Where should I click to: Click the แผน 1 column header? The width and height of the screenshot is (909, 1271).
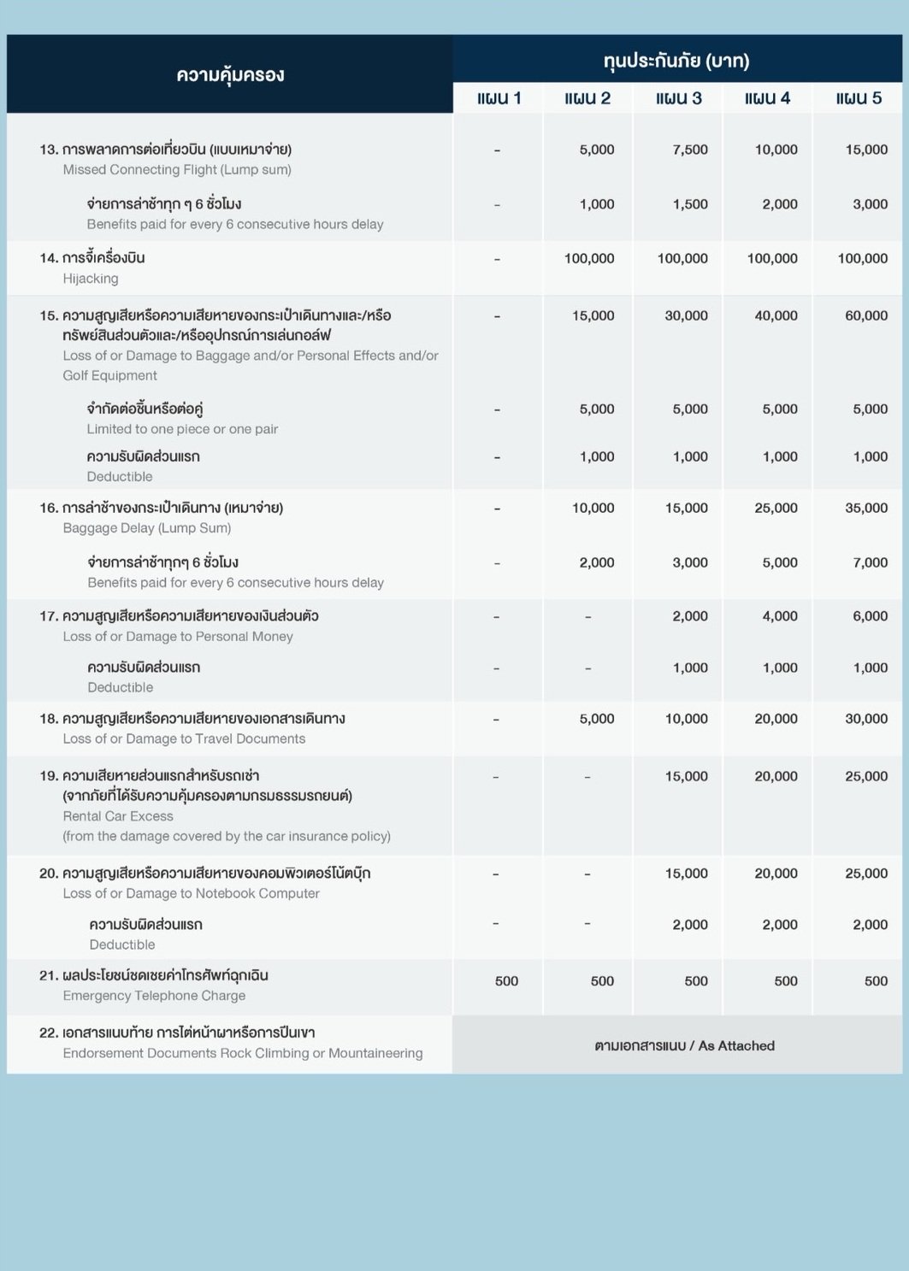[x=499, y=98]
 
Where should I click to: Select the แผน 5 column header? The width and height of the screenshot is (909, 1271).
[x=859, y=98]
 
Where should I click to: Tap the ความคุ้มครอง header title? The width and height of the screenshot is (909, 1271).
[x=230, y=74]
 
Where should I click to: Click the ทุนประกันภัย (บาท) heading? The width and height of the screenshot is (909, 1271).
[x=676, y=61]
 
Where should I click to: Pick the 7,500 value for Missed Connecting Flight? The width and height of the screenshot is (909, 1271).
[x=690, y=150]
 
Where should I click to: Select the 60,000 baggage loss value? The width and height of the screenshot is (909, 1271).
[x=866, y=315]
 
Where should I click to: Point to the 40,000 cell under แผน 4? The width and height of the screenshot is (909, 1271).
[x=776, y=315]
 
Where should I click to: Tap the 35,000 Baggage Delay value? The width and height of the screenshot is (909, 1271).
[x=866, y=508]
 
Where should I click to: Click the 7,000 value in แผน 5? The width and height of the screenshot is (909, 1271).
[x=870, y=562]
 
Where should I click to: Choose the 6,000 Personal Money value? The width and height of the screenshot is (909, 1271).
[x=870, y=616]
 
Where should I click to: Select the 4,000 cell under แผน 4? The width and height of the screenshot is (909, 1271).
[x=780, y=616]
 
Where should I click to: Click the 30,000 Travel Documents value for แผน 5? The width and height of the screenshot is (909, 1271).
[x=866, y=719]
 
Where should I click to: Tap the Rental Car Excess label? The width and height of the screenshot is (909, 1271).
[x=118, y=816]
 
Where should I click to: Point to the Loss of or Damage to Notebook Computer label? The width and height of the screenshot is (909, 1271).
[x=191, y=893]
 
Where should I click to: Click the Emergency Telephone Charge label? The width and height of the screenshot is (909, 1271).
[x=154, y=996]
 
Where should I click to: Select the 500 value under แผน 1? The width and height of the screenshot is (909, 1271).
[x=506, y=981]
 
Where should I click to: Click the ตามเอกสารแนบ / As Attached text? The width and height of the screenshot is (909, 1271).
[x=684, y=1045]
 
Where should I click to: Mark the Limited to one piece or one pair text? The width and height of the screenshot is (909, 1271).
[x=182, y=429]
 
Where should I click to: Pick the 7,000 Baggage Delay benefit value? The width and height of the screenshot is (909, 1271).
[x=870, y=562]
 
